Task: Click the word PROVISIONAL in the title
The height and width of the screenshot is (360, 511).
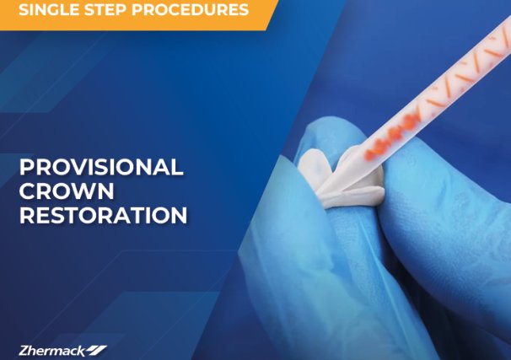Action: tap(101, 167)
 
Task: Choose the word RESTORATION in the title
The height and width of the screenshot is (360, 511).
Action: tap(103, 215)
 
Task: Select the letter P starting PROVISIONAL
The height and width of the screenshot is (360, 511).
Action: tap(25, 167)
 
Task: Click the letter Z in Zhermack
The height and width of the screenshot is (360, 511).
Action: tap(22, 349)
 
